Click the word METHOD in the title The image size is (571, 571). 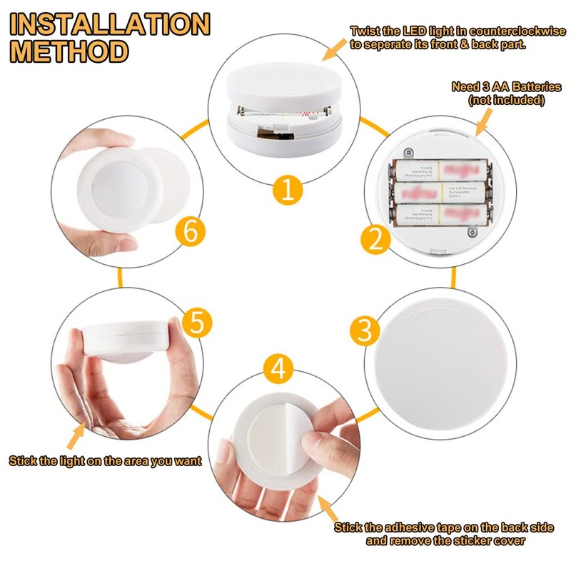69,51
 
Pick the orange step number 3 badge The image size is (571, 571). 365,330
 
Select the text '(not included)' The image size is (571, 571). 506,101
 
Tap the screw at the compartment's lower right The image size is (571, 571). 471,232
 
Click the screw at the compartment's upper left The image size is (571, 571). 408,152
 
